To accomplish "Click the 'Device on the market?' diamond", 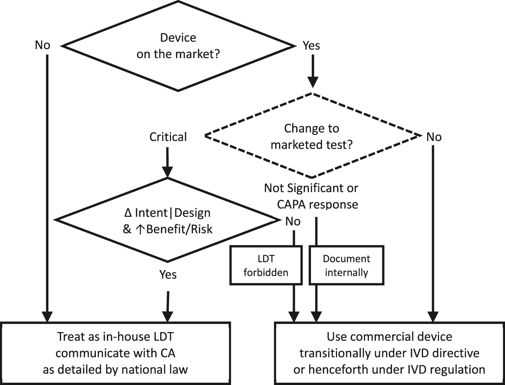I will click(178, 46).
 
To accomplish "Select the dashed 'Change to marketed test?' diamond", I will click(311, 136).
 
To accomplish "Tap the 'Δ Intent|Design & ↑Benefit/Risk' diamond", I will click(168, 220).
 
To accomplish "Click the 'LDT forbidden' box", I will click(266, 265).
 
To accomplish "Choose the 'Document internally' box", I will click(346, 265).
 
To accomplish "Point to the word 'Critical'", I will click(168, 137).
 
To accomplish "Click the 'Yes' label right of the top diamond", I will click(311, 46).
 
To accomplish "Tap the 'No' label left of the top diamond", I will click(43, 45).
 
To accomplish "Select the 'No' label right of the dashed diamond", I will click(434, 137).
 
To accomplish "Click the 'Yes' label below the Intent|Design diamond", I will click(168, 275).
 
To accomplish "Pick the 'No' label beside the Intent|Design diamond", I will click(293, 221).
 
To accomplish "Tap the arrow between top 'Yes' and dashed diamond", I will click(313, 71).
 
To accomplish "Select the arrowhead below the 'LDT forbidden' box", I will click(294, 316).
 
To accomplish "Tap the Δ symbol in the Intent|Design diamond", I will click(128, 213).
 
